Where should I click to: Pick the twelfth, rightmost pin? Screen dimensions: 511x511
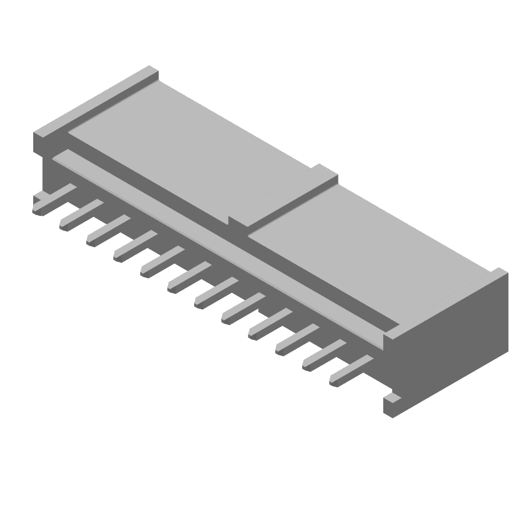(351, 370)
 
